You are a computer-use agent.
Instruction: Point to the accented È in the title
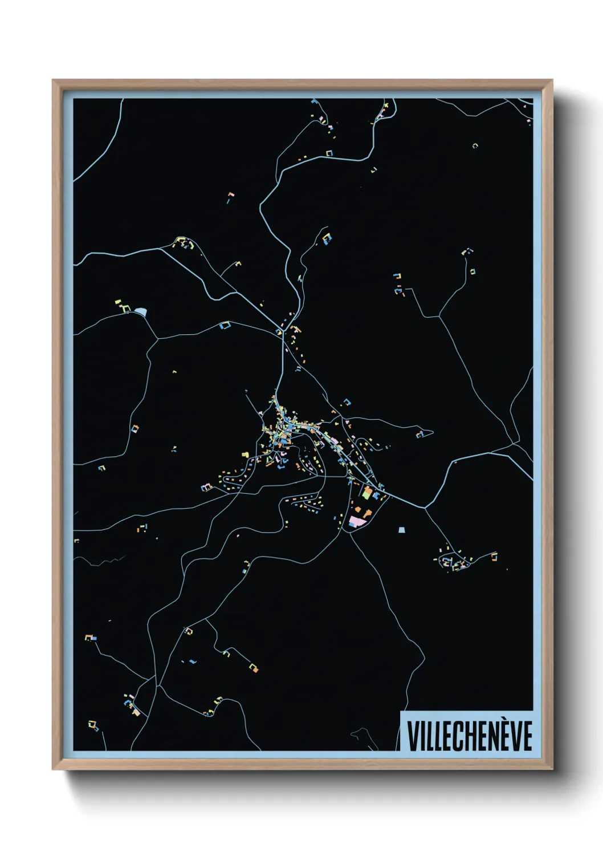503,735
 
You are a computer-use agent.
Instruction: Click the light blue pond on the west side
140,311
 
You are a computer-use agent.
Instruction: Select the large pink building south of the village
357,521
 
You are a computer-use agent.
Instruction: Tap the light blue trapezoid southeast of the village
403,530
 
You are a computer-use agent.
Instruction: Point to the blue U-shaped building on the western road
225,326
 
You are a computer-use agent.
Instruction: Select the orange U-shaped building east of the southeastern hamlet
494,555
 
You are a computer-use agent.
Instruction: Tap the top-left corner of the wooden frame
53,80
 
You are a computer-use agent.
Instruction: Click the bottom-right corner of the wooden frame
552,769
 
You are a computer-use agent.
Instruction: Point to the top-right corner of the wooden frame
552,80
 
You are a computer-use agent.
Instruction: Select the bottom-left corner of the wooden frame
53,769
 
